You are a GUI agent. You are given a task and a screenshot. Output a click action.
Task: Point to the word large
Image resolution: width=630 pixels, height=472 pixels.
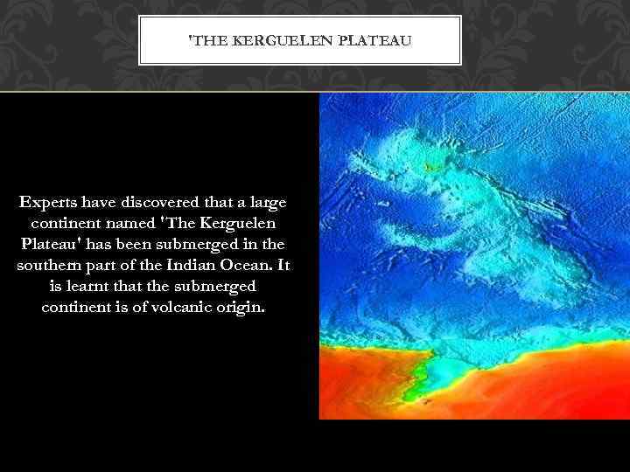(266, 202)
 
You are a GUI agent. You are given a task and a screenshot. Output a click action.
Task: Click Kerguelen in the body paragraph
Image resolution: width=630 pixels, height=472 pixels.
(235, 223)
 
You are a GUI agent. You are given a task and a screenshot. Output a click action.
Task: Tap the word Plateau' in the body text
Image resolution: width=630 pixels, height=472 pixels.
(48, 244)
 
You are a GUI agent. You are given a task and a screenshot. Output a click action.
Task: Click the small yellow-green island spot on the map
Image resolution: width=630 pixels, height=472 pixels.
(429, 166)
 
